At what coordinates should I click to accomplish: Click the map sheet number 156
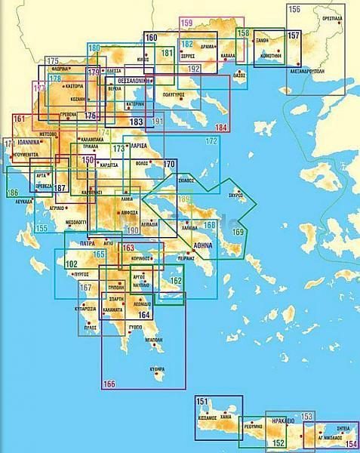point(294,10)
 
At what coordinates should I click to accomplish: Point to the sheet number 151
point(202,401)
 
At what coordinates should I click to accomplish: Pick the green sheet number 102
point(71,264)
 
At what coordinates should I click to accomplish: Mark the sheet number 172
point(211,141)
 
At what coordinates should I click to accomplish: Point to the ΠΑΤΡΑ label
point(88,245)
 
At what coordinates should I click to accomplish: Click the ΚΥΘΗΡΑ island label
point(157,368)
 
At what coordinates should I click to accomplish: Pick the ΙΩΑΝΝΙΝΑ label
point(28,140)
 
